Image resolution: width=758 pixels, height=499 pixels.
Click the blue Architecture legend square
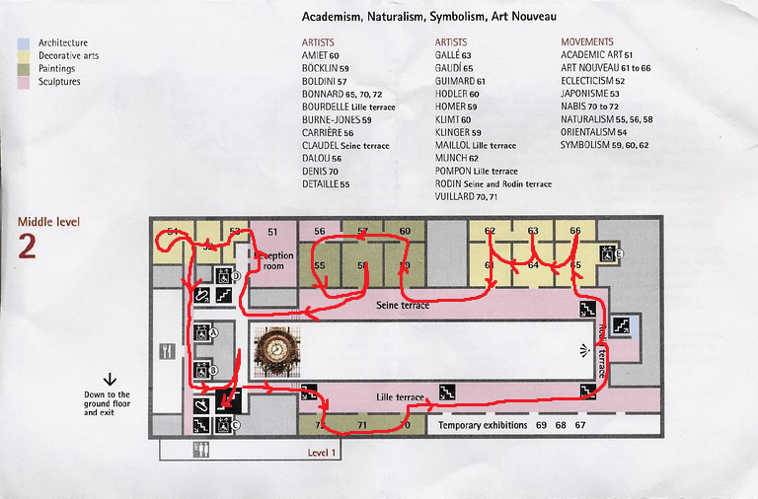[x=23, y=43]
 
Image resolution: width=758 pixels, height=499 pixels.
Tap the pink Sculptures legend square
[x=23, y=82]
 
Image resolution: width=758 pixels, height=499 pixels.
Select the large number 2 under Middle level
[x=27, y=247]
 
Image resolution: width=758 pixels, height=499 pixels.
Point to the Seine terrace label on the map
[x=403, y=306]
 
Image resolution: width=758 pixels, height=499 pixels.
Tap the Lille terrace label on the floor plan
[x=400, y=396]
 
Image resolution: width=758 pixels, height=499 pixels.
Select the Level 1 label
[x=323, y=452]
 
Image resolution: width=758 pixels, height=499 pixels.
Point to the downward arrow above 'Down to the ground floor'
[x=110, y=378]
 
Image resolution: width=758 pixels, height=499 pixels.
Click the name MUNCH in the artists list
[x=453, y=158]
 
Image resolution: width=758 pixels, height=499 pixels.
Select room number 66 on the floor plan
[x=575, y=231]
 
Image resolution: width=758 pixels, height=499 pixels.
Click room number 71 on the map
[x=362, y=425]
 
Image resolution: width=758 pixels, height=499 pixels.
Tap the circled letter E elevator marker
[x=620, y=253]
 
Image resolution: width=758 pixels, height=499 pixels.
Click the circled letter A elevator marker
[x=212, y=333]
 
